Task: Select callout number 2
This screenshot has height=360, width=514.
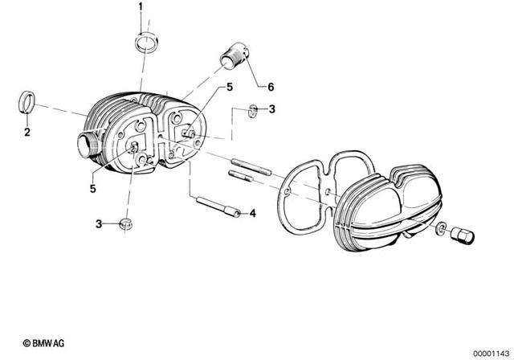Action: pyautogui.click(x=26, y=132)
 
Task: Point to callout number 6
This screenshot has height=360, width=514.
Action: pyautogui.click(x=271, y=86)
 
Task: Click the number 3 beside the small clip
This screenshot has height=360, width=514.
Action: pyautogui.click(x=271, y=109)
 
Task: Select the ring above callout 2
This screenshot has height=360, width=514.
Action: pyautogui.click(x=27, y=104)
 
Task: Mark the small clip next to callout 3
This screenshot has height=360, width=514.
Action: pyautogui.click(x=252, y=110)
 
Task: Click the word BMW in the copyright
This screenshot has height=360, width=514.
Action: pyautogui.click(x=35, y=342)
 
